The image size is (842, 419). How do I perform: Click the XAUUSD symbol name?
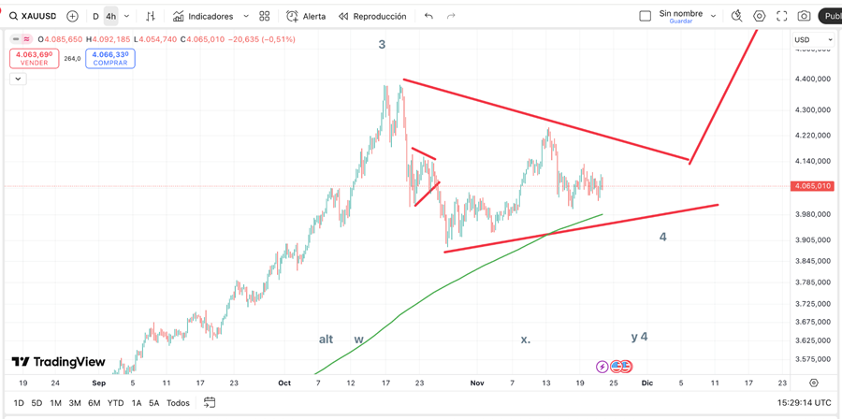pos(38,16)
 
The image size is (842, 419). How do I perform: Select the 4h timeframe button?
pos(110,16)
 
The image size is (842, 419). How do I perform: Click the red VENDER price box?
pos(34,58)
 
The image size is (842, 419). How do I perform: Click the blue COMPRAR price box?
pos(110,58)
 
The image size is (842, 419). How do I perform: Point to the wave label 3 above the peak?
pos(382,44)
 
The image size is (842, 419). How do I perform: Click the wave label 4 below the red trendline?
pos(662,237)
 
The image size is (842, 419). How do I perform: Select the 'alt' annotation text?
pos(326,339)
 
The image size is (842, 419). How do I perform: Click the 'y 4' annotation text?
pos(639,337)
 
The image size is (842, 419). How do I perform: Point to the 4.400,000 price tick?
pos(811,79)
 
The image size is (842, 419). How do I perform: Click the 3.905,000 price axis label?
pos(811,239)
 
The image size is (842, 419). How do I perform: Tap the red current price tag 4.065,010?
pos(811,186)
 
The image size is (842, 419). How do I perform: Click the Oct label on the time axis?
pos(284,383)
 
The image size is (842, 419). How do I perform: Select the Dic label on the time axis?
pos(646,383)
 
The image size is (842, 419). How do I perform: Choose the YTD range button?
pos(115,403)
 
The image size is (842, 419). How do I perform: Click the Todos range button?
pos(178,403)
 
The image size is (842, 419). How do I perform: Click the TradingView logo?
pos(58,362)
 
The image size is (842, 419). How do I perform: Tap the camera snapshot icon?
pos(804,16)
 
